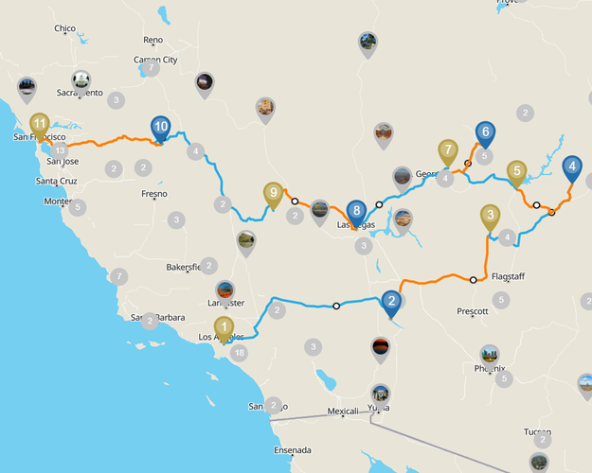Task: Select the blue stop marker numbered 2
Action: pos(390,303)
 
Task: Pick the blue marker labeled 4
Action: pos(572,168)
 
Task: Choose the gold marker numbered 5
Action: pos(516,172)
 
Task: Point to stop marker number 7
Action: pos(448,151)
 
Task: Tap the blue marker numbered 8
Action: pos(356,211)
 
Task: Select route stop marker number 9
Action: pos(273,194)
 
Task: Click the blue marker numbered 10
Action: pos(161,127)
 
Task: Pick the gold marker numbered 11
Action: pos(39,124)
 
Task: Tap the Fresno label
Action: pos(153,194)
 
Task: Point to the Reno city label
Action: pos(152,40)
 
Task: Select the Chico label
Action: pos(64,28)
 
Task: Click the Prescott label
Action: pos(472,310)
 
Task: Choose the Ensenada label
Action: pos(293,449)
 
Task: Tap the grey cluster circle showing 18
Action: pos(239,353)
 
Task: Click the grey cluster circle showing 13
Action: pos(61,150)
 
